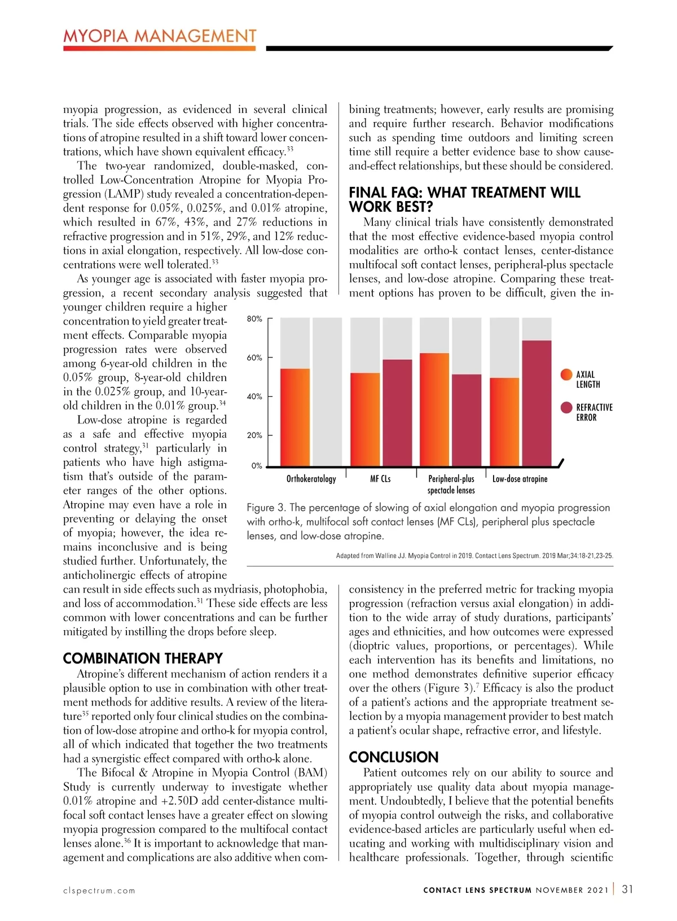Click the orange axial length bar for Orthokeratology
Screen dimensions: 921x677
point(295,417)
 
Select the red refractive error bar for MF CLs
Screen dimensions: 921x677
point(397,412)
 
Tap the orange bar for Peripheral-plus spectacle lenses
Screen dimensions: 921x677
point(434,409)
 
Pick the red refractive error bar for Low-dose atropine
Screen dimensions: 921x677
point(537,403)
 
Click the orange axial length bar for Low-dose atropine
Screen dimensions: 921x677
point(504,421)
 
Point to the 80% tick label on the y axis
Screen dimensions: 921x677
point(254,319)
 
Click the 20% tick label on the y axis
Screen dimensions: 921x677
point(254,435)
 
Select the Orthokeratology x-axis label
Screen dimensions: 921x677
point(311,479)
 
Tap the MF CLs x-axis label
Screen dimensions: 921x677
point(380,479)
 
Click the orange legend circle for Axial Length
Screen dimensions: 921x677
point(566,374)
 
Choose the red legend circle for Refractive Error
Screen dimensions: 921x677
point(566,408)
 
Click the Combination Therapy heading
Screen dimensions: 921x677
point(143,658)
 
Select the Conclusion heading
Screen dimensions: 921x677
point(393,757)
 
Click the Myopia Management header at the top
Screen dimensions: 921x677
point(160,37)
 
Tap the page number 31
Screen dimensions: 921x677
point(627,889)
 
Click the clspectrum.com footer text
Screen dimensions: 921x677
point(99,891)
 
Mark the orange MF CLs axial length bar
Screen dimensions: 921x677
point(365,419)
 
